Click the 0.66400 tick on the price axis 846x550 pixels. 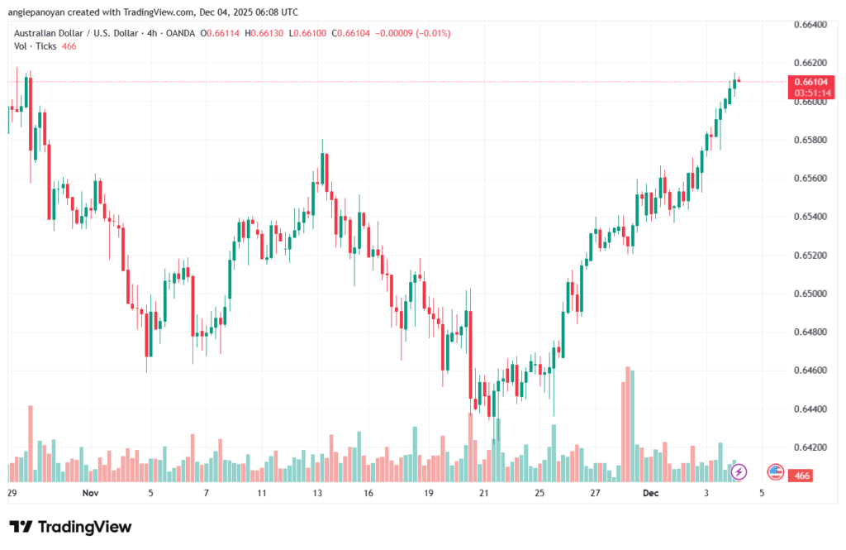(810, 25)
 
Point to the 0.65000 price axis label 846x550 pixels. (810, 294)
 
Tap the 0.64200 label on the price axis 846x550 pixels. (810, 447)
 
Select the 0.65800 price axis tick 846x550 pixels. (810, 140)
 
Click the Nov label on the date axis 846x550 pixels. (92, 493)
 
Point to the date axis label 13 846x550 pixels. (316, 493)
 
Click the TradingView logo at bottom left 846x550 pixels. (70, 527)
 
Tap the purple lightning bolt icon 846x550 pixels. (739, 471)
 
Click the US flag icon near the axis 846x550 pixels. (775, 471)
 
